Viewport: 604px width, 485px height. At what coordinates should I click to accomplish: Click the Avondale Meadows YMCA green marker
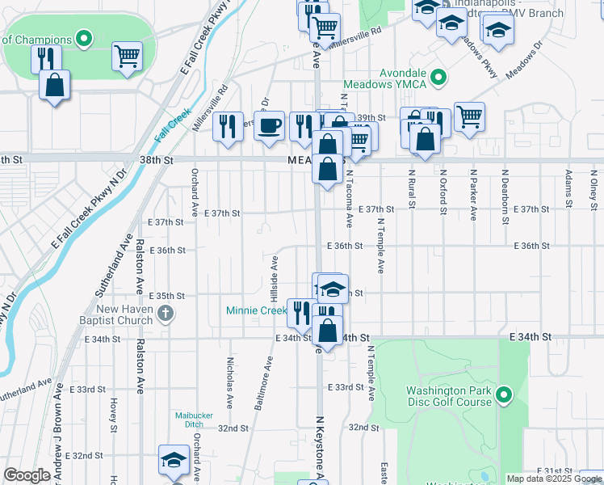point(438,78)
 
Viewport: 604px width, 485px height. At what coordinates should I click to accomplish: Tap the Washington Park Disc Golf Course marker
point(505,395)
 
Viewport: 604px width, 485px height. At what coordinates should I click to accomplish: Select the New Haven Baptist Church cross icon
point(166,314)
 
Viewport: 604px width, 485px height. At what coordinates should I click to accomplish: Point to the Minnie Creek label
point(257,310)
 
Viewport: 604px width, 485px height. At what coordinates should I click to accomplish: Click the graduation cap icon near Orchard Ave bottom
point(173,459)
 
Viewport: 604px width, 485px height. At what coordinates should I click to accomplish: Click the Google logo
point(27,475)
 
